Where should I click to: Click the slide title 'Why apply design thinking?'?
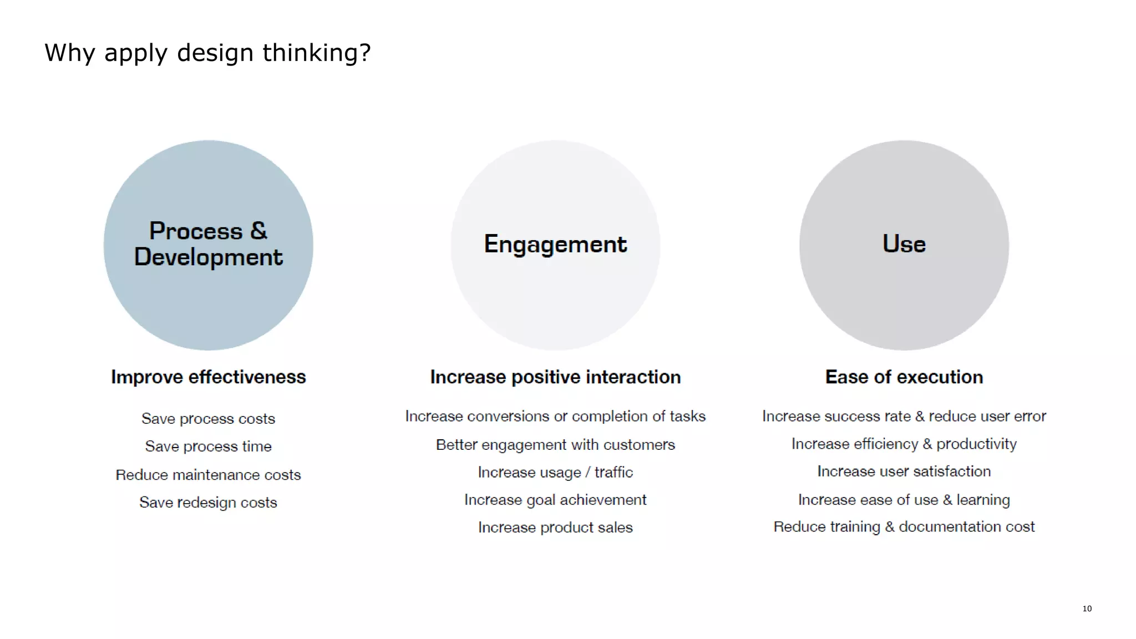click(x=207, y=53)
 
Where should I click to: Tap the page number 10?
click(x=1087, y=608)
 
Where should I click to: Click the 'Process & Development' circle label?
click(x=208, y=244)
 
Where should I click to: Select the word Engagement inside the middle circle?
click(x=555, y=245)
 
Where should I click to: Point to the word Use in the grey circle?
click(x=904, y=244)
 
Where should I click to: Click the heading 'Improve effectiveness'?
click(x=208, y=377)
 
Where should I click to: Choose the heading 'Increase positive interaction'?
click(x=555, y=377)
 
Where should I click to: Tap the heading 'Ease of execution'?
click(x=904, y=377)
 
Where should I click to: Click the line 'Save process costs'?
click(x=208, y=419)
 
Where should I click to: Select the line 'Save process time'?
click(x=208, y=447)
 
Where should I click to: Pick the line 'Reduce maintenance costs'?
click(x=208, y=475)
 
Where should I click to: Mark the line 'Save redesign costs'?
click(x=208, y=503)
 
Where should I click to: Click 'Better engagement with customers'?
click(x=555, y=445)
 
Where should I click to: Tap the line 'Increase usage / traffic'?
click(x=555, y=473)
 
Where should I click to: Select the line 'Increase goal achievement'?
click(x=555, y=500)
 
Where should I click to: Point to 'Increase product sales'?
click(x=555, y=528)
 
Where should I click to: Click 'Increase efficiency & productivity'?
click(x=904, y=444)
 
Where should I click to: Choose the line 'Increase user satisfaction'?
click(x=904, y=471)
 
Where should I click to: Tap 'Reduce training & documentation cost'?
click(x=904, y=527)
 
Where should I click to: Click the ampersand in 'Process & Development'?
click(x=258, y=231)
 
